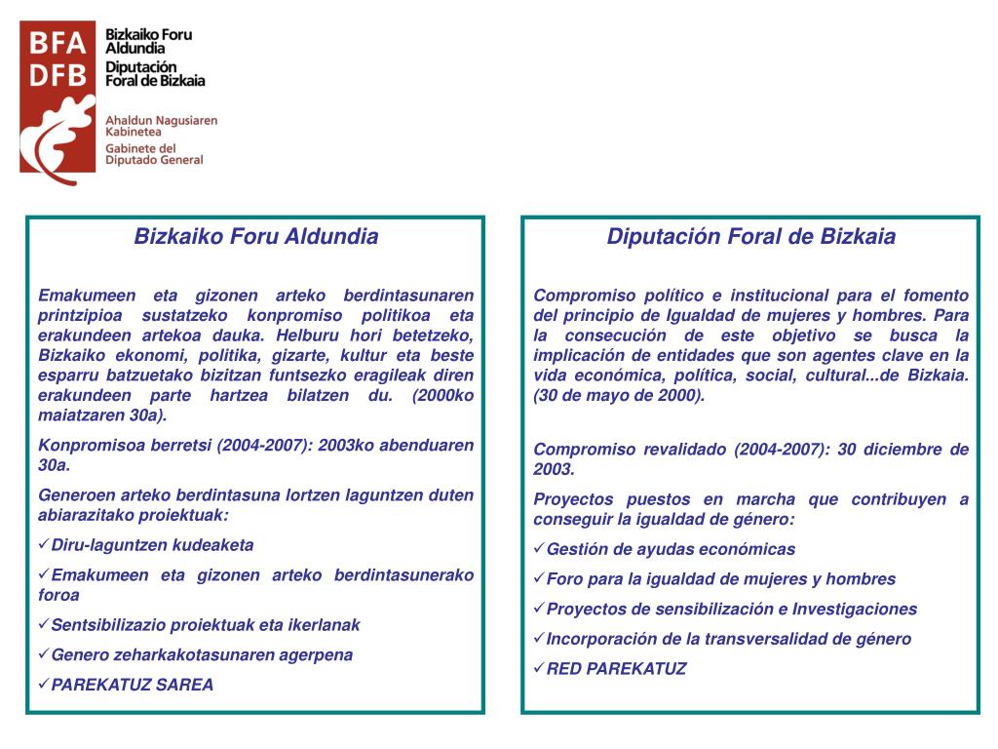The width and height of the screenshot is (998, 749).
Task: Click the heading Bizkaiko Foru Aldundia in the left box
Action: (255, 237)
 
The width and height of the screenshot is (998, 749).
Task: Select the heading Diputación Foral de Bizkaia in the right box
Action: (750, 237)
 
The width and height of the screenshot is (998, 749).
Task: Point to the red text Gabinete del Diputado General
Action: (154, 154)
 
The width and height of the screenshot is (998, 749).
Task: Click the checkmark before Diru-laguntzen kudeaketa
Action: (44, 545)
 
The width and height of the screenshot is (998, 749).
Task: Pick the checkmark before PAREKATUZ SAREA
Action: (44, 685)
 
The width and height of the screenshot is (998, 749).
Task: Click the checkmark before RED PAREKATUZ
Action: (539, 669)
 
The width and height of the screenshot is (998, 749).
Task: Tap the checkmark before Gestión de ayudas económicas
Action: (539, 549)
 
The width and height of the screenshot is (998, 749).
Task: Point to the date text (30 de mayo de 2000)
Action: (619, 396)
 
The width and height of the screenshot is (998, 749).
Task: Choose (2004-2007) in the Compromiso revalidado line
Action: (776, 450)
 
